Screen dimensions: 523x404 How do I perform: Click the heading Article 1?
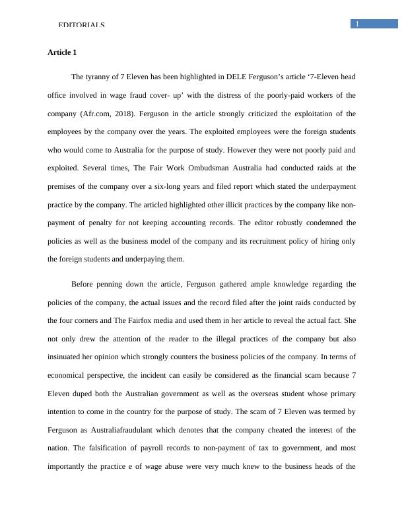pos(63,52)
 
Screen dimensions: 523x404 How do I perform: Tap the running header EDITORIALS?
pos(82,25)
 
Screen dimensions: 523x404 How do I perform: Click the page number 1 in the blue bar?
pos(357,24)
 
